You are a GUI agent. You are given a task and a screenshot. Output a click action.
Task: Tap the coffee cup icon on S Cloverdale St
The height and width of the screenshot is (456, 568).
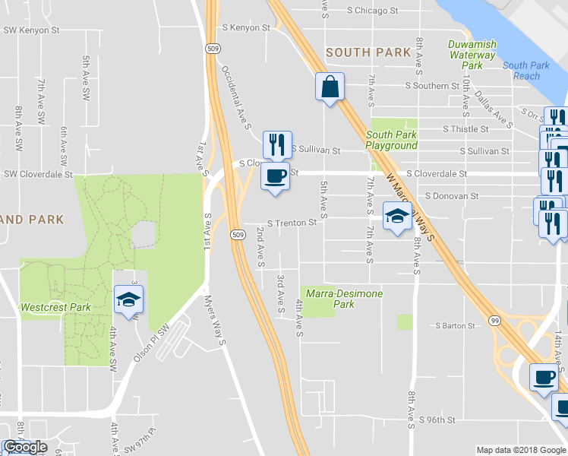pyautogui.click(x=276, y=176)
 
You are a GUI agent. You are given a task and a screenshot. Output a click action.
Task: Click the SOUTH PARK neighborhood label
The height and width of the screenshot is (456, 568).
pyautogui.click(x=368, y=52)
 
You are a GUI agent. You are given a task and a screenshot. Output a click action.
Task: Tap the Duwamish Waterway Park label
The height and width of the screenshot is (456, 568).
pyautogui.click(x=472, y=55)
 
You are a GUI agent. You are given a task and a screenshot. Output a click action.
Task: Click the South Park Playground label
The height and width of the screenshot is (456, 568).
pyautogui.click(x=392, y=140)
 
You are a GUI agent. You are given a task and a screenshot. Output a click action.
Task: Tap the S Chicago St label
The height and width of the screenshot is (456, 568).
pyautogui.click(x=373, y=11)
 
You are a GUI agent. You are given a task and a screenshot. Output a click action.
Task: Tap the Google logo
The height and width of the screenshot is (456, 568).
pyautogui.click(x=25, y=447)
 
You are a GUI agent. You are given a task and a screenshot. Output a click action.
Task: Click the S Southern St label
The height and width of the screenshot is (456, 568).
pyautogui.click(x=432, y=86)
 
